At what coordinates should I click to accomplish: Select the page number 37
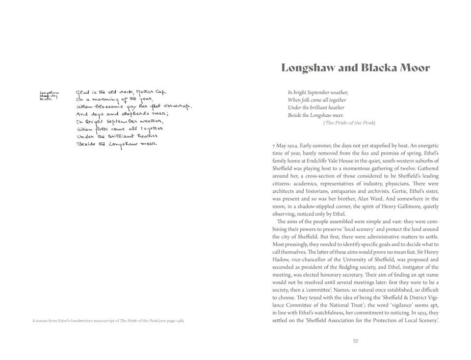coord(355,341)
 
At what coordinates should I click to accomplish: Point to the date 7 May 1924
coord(286,146)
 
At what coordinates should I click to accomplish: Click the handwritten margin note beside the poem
coord(49,95)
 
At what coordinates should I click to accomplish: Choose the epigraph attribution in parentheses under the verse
coord(349,123)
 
